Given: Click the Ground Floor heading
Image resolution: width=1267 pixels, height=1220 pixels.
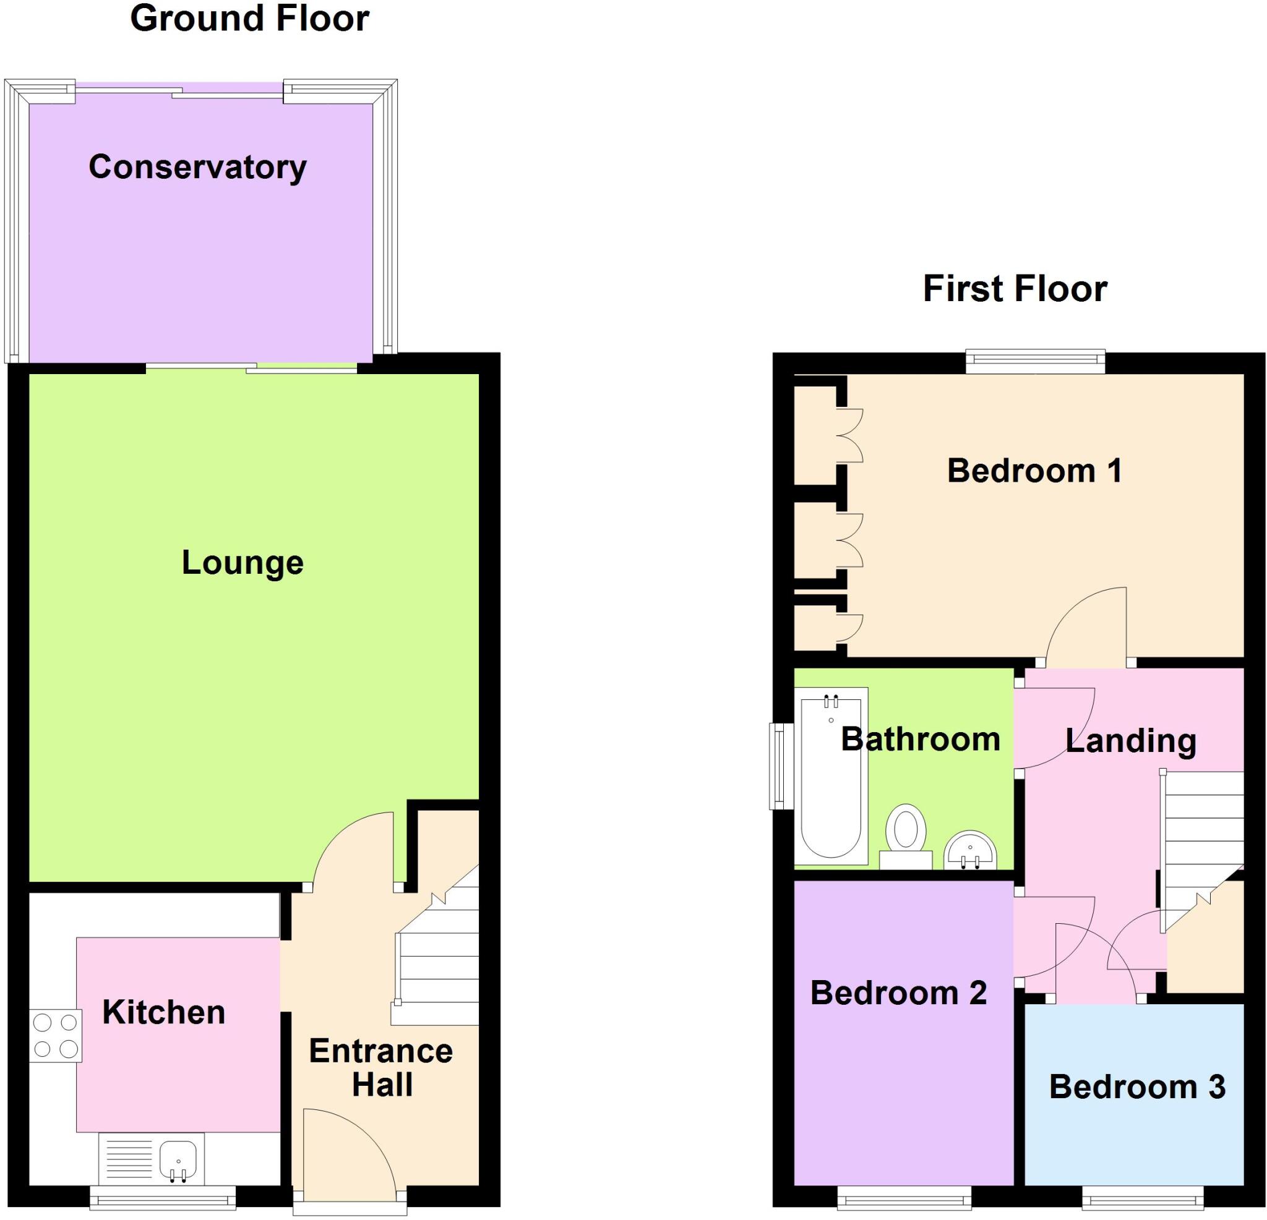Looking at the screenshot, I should (x=249, y=18).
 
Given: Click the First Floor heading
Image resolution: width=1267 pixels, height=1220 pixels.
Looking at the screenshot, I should (x=1014, y=288).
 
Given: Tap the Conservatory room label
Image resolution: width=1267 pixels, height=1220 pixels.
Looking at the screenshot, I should (x=197, y=168).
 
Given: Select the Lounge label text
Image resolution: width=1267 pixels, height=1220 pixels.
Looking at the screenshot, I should (x=243, y=562).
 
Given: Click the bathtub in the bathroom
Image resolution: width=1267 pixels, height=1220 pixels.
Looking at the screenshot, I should (x=831, y=775).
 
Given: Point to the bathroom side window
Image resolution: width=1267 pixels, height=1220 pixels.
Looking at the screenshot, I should (x=780, y=766).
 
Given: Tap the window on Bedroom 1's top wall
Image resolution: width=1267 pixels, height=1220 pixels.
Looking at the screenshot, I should (x=1035, y=361).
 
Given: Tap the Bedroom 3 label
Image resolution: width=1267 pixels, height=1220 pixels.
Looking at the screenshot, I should (x=1136, y=1087).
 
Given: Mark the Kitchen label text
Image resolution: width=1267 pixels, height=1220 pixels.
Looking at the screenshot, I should (x=163, y=1013).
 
